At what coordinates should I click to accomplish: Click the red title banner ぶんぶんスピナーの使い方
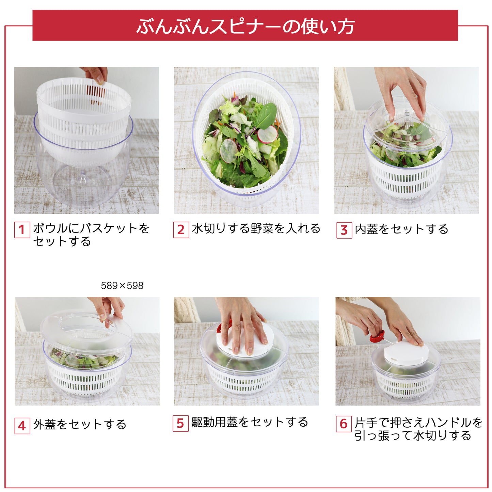pyautogui.click(x=245, y=26)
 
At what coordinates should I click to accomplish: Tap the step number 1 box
pyautogui.click(x=22, y=230)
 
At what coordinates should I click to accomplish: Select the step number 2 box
pyautogui.click(x=181, y=230)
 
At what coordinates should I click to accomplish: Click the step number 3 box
pyautogui.click(x=344, y=231)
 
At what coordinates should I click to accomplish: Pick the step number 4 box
pyautogui.click(x=22, y=426)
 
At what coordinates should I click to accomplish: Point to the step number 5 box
pyautogui.click(x=180, y=424)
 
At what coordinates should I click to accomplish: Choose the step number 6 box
pyautogui.click(x=344, y=424)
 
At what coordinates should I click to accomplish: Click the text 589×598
pyautogui.click(x=122, y=286)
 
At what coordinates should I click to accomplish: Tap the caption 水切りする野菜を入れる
pyautogui.click(x=256, y=228)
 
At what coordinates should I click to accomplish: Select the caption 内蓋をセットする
pyautogui.click(x=401, y=229)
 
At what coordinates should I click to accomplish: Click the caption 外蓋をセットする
pyautogui.click(x=80, y=425)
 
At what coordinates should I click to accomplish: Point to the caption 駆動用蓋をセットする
pyautogui.click(x=250, y=422)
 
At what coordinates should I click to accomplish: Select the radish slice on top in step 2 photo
pyautogui.click(x=267, y=134)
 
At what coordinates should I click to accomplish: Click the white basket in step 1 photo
pyautogui.click(x=83, y=112)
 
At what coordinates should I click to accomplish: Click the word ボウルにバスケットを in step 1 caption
pyautogui.click(x=91, y=228)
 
